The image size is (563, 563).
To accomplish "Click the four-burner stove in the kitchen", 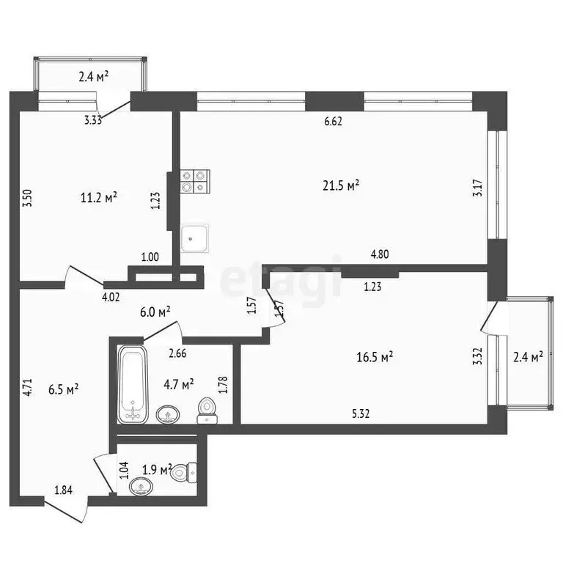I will coord(195,180).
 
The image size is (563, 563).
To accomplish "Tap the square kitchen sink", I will coord(195,238).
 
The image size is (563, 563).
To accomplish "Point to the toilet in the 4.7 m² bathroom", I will coord(207,411).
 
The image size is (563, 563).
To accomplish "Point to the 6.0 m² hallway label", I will coord(155,311).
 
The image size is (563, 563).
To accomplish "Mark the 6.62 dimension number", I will coord(334,122).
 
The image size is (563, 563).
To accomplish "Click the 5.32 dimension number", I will coord(361,413).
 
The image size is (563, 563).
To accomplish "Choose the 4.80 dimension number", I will coord(380,254).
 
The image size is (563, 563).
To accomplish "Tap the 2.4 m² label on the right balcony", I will coord(527,357).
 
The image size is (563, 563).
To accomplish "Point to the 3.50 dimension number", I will coord(26,199).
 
